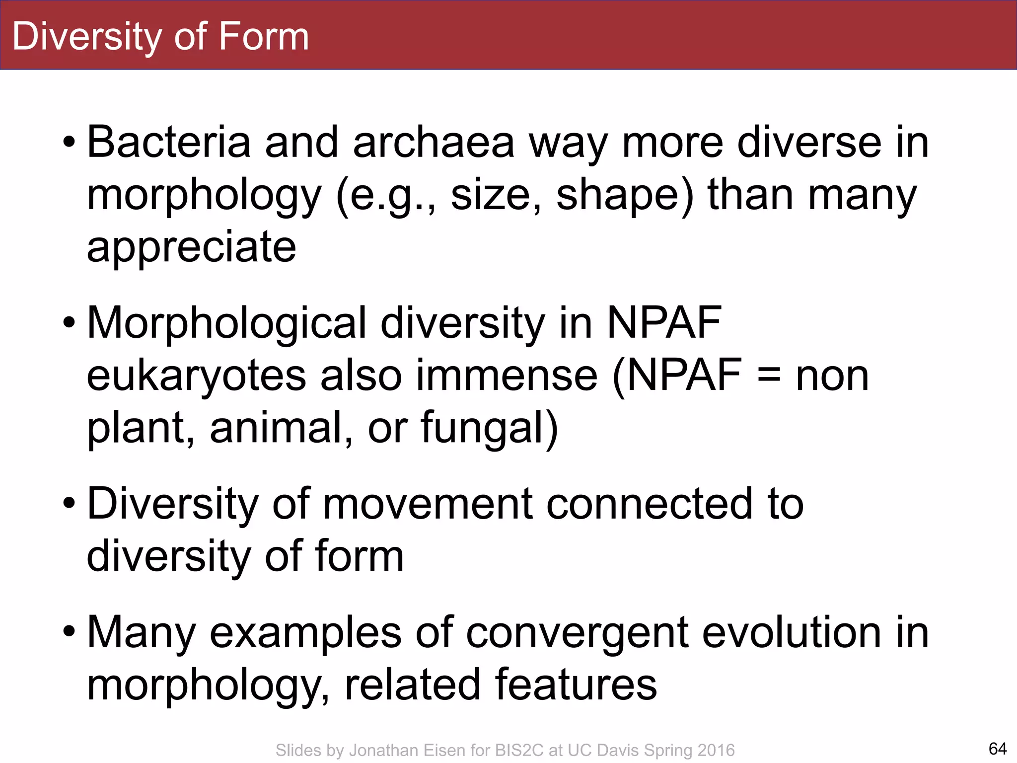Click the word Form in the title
tap(263, 36)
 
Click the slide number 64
tap(997, 748)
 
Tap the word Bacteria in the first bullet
tap(168, 143)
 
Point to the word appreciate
tap(191, 247)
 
